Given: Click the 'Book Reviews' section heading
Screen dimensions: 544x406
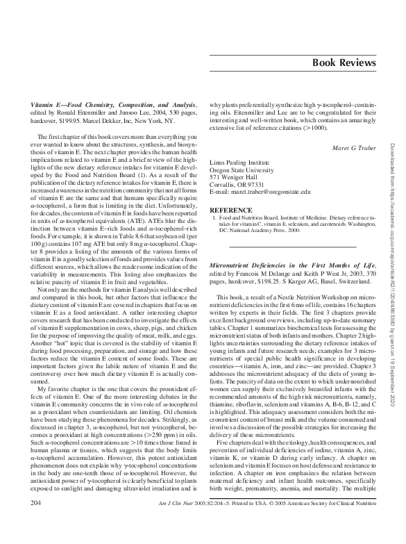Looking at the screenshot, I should tap(344, 63).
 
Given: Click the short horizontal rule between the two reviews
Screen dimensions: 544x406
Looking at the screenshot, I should tap(291, 246).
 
